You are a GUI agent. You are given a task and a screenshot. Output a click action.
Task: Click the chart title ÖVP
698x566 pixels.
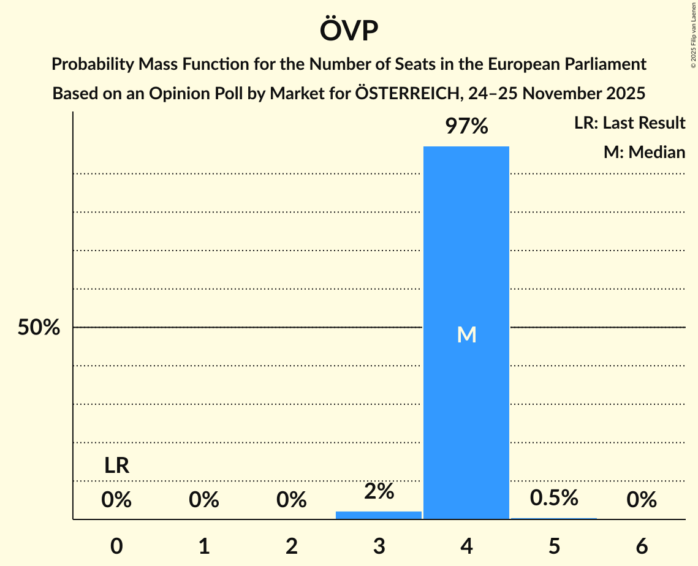(349, 31)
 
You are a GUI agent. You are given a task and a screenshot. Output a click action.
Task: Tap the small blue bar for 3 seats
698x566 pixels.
(379, 515)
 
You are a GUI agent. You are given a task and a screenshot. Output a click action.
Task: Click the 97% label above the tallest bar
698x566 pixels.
(466, 127)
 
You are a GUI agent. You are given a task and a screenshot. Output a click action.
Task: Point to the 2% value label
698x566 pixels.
(379, 491)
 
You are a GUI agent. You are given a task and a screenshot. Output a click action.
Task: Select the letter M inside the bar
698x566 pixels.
(466, 334)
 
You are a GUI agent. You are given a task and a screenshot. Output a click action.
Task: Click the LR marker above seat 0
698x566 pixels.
(116, 466)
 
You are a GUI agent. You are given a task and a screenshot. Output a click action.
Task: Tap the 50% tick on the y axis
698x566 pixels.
(39, 328)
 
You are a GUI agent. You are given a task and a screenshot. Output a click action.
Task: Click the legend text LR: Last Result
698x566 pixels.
(629, 123)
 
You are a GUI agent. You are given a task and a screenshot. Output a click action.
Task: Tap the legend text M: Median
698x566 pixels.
(644, 152)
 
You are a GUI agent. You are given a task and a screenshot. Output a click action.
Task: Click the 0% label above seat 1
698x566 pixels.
(204, 500)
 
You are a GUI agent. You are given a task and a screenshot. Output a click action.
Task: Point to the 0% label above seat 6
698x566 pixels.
(642, 500)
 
